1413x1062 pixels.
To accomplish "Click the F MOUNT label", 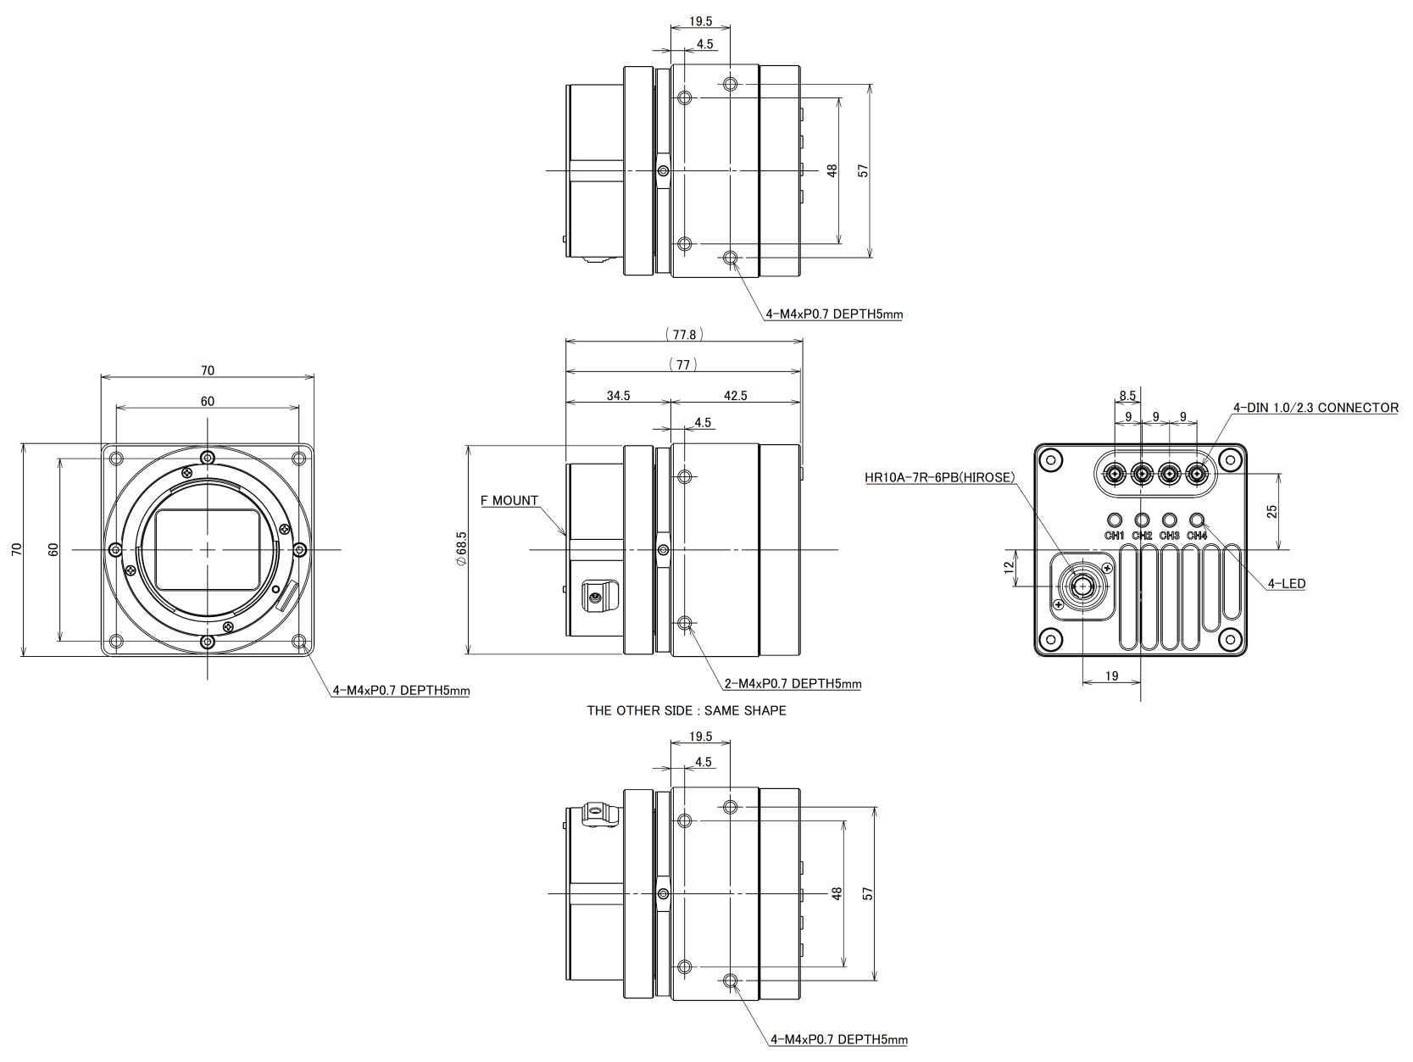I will click(509, 500).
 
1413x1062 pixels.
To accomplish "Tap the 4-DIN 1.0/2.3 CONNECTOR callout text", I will click(1316, 408).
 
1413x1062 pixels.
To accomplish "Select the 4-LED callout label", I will click(1286, 583).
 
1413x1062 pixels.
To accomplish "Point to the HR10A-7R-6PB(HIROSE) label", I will click(939, 477).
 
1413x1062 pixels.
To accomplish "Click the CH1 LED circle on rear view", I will click(1114, 520).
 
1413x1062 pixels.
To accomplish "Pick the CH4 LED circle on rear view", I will click(1197, 520).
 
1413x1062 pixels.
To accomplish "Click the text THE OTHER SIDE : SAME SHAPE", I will click(687, 710).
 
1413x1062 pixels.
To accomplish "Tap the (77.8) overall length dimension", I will click(684, 335).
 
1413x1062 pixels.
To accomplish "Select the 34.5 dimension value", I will click(618, 396).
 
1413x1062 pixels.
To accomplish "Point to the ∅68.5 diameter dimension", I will click(461, 550).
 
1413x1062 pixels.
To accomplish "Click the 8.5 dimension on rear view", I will click(1127, 396).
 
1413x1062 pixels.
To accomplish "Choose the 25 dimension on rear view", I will click(1271, 510).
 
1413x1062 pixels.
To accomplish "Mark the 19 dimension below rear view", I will click(1112, 676).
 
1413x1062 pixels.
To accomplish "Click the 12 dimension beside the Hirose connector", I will click(1009, 567).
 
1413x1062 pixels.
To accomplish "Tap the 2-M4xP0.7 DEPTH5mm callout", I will click(792, 683).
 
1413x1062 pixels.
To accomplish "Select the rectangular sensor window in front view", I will click(208, 549).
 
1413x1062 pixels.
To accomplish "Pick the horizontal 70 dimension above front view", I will click(208, 370).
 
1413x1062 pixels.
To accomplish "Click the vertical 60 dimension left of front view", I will click(53, 549).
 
